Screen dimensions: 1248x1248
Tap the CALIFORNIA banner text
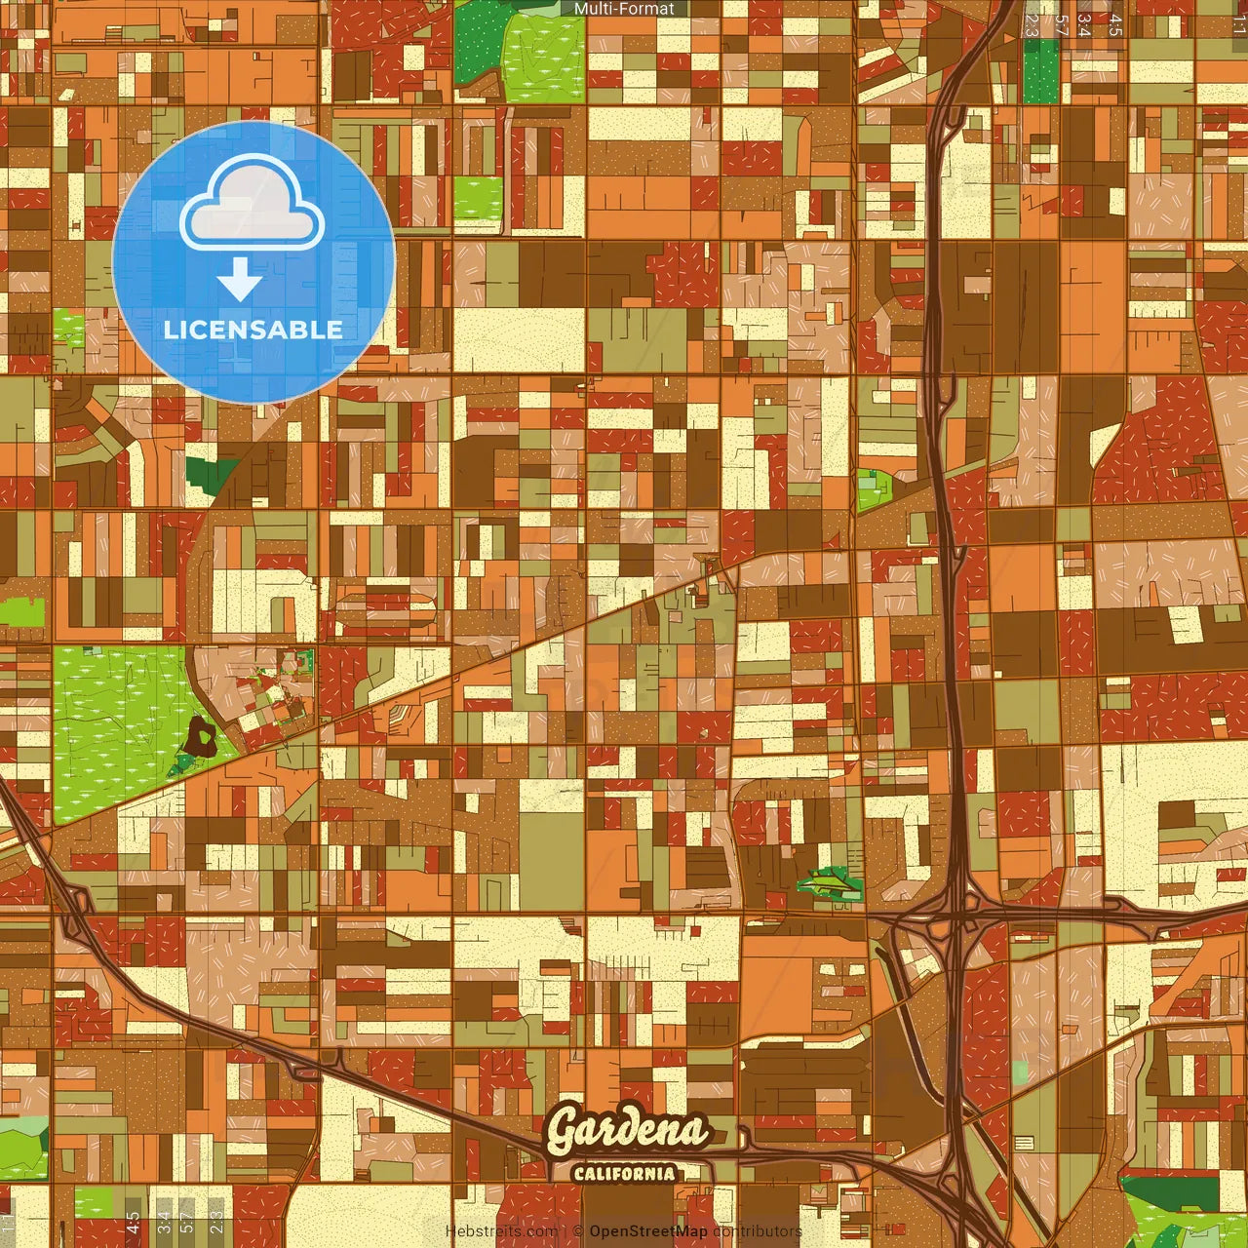(x=624, y=1173)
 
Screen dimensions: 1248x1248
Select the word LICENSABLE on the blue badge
(x=253, y=330)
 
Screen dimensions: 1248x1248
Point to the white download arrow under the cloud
(x=240, y=281)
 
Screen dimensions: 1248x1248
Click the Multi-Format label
(x=624, y=9)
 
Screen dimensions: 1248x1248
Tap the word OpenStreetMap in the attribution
(x=648, y=1231)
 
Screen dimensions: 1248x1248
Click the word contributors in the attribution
(x=757, y=1231)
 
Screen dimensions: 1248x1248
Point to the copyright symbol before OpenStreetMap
(x=578, y=1231)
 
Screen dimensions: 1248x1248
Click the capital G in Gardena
(x=564, y=1132)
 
